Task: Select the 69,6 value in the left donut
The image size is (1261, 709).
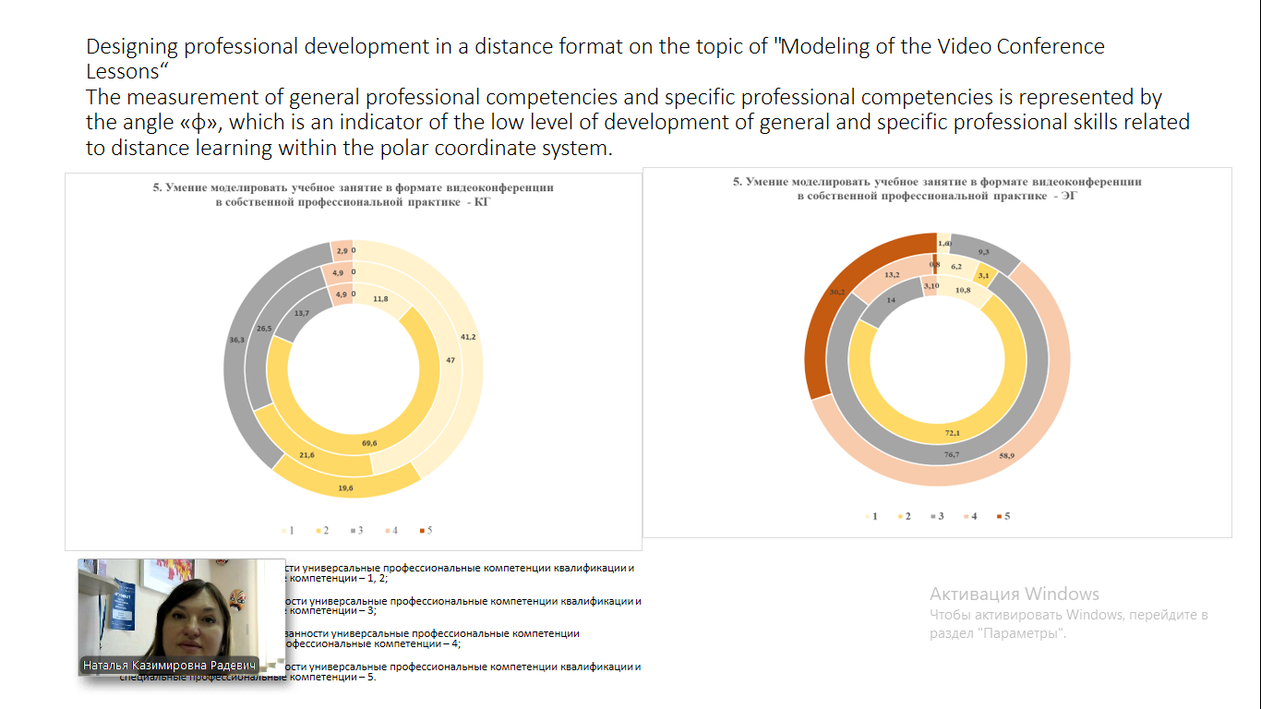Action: click(369, 444)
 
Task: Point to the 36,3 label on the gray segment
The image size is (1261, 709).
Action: click(236, 341)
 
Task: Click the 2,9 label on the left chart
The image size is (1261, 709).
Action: click(342, 252)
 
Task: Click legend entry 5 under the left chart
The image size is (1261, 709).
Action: click(426, 530)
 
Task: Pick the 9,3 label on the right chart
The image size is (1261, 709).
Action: click(984, 252)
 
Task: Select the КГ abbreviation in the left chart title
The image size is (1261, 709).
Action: click(481, 202)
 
